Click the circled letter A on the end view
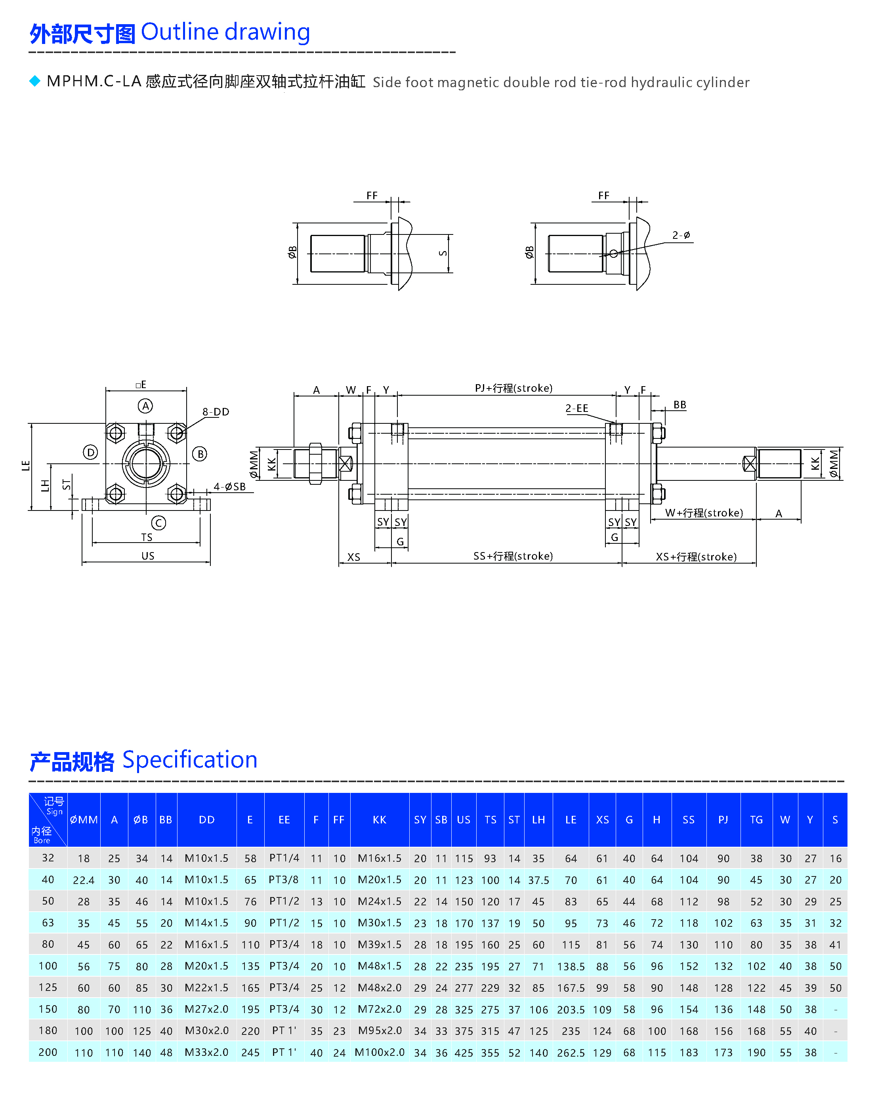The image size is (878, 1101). (145, 406)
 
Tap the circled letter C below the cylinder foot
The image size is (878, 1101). (158, 523)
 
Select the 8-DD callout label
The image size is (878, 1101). (216, 411)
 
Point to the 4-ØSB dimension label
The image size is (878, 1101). (229, 487)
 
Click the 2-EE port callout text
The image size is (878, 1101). (576, 408)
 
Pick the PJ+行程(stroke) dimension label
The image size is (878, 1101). (513, 388)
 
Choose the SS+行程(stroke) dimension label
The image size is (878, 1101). (513, 556)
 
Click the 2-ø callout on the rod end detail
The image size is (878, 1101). (681, 235)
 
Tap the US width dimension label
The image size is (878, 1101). (148, 556)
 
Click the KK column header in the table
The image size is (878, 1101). (380, 820)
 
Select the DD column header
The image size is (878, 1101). (206, 820)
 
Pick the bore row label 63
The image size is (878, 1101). (48, 923)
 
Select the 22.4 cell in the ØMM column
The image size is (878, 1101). (83, 880)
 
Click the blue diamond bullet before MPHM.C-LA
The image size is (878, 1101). (35, 81)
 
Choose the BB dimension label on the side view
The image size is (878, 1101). (679, 405)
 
